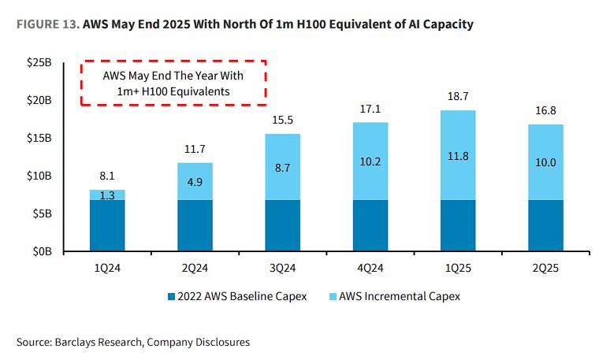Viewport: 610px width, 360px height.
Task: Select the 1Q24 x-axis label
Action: (x=107, y=269)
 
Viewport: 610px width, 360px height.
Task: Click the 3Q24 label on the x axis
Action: (x=281, y=269)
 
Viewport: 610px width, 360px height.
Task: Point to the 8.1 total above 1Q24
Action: (x=107, y=178)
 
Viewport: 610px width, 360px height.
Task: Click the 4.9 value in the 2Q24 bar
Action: (x=194, y=181)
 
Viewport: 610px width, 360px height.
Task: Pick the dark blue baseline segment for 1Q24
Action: (x=107, y=225)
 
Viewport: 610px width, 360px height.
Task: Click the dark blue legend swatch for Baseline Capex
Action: (x=171, y=297)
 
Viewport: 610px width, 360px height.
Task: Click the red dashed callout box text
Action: (x=173, y=84)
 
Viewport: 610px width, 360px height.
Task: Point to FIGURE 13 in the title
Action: (x=45, y=24)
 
